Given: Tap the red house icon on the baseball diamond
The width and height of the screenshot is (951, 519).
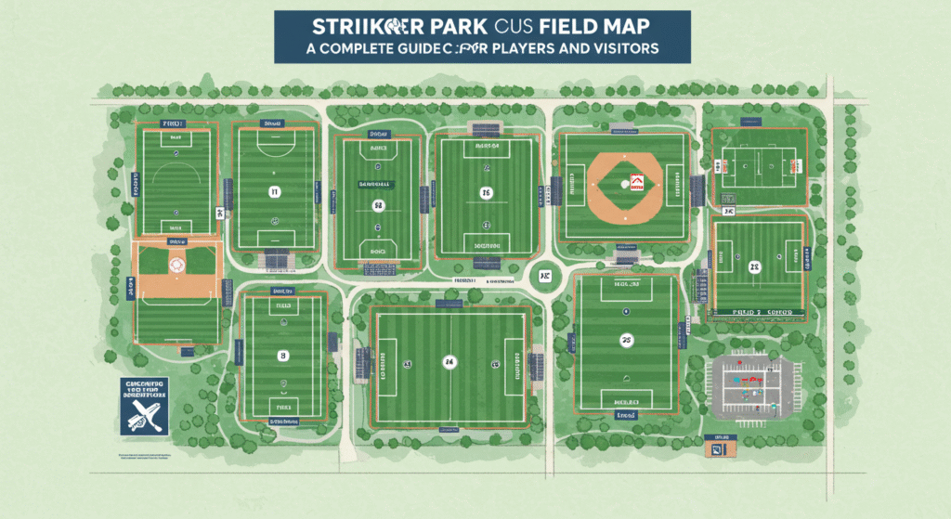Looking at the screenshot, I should click(x=636, y=182).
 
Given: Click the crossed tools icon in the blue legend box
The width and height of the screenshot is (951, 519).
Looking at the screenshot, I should click(x=144, y=409).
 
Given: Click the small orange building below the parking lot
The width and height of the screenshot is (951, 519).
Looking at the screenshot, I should click(x=719, y=448).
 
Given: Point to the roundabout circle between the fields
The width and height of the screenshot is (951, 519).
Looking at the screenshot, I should click(x=543, y=276).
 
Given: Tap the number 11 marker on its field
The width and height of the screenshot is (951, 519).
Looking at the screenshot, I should click(x=274, y=192).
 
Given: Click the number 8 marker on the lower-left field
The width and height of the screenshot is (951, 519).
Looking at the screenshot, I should click(x=282, y=356).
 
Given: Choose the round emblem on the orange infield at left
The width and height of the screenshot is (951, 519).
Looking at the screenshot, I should click(x=176, y=264).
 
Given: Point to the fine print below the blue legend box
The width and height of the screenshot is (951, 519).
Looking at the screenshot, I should click(x=144, y=456).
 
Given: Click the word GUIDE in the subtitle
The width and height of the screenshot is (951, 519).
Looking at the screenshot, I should click(x=420, y=48).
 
